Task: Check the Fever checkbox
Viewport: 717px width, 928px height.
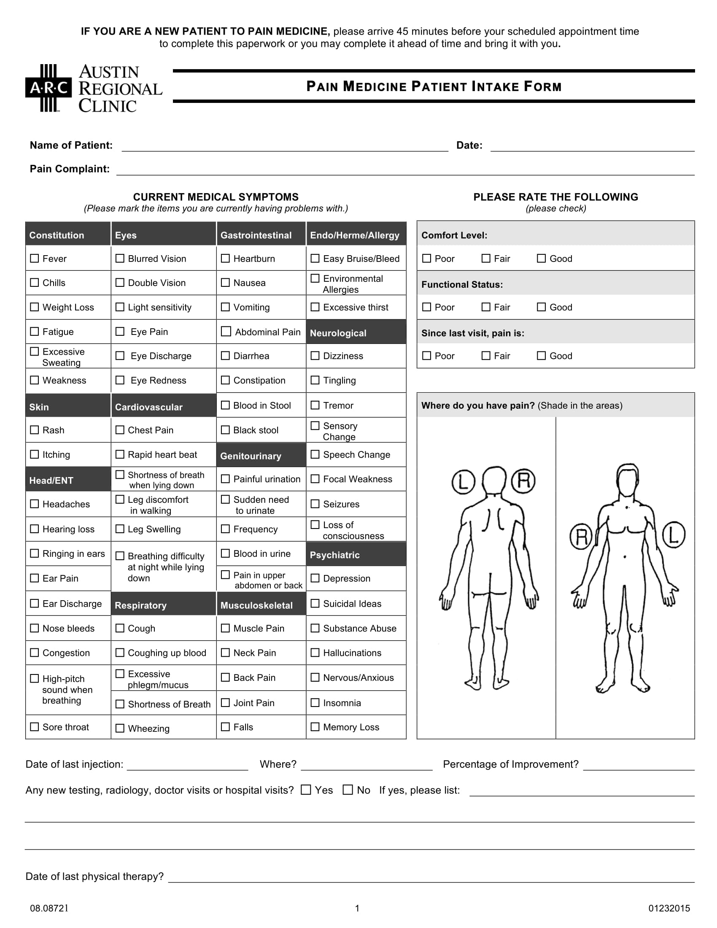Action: coord(35,258)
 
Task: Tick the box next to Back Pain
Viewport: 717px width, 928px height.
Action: coord(226,677)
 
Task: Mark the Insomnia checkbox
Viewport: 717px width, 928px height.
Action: coord(315,702)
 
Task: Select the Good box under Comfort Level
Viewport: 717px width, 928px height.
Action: coord(541,258)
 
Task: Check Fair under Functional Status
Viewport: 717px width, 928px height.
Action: coord(486,307)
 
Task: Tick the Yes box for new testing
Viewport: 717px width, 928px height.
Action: coord(306,790)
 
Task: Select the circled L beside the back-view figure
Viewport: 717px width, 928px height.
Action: coord(464,482)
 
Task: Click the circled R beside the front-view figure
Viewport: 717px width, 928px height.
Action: coord(581,536)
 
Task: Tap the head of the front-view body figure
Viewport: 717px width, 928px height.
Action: coord(628,479)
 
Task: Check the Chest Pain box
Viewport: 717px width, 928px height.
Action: coord(120,430)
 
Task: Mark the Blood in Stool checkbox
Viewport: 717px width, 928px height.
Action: coord(226,405)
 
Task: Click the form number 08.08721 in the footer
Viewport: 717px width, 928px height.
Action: coord(49,908)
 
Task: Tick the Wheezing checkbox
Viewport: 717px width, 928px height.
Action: coord(120,728)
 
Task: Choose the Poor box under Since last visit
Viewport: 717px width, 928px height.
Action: coord(427,356)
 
